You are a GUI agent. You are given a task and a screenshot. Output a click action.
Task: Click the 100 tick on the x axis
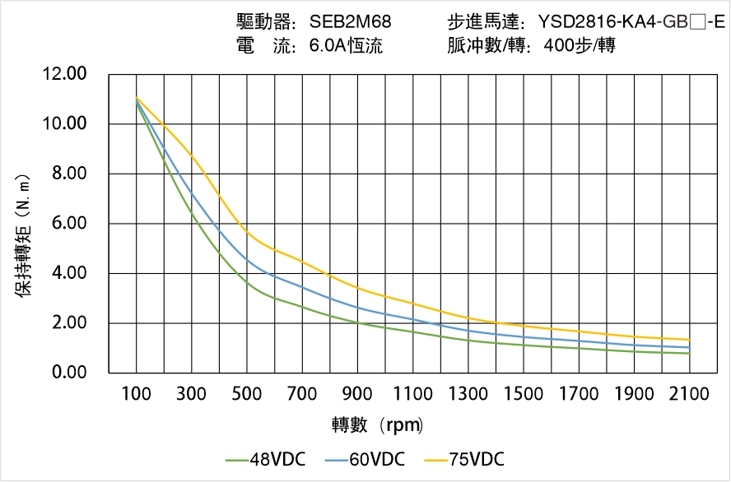(137, 394)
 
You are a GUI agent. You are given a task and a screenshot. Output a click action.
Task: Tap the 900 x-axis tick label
(357, 394)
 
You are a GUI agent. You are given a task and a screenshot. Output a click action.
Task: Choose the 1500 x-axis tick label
(524, 394)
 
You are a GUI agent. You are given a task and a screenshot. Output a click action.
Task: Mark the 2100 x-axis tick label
(689, 394)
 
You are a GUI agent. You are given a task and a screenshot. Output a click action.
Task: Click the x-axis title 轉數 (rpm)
(377, 425)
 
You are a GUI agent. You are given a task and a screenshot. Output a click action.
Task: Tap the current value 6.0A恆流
(346, 46)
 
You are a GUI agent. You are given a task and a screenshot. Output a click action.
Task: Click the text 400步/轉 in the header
(580, 46)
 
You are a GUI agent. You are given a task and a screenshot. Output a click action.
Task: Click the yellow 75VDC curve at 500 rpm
(247, 234)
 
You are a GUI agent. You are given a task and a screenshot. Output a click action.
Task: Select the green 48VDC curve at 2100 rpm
(689, 354)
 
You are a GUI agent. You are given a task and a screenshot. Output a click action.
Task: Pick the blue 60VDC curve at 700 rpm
(302, 287)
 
